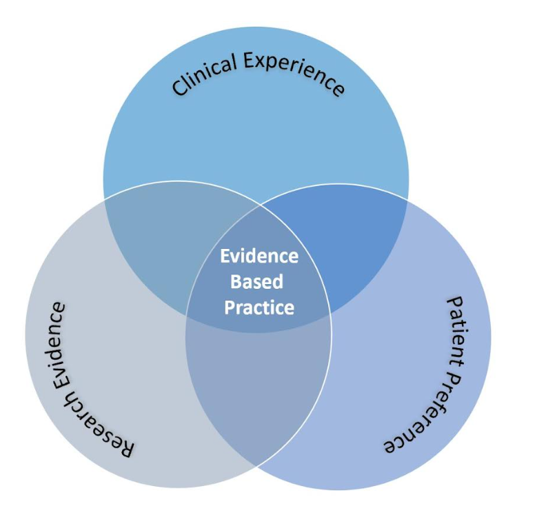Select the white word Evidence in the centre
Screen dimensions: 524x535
(259, 256)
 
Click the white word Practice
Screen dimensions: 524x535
(259, 307)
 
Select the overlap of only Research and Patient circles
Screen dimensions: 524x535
(259, 393)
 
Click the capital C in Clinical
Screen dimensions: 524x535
(179, 89)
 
